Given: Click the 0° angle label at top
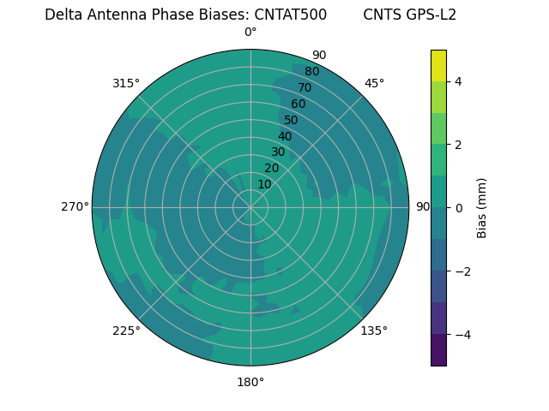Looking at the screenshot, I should tap(250, 33).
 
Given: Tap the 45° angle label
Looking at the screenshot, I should tap(374, 83).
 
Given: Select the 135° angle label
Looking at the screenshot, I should tap(374, 331).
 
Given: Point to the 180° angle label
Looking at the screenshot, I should tap(250, 382).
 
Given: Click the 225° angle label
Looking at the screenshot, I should tap(126, 331).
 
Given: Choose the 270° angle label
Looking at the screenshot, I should tap(75, 206).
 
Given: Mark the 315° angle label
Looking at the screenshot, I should tap(126, 83).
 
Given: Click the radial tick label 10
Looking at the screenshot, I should tap(264, 184).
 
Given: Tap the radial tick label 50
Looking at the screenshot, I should tap(291, 120).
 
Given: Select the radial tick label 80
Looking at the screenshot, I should tap(311, 71).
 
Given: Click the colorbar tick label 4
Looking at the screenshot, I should tap(458, 81).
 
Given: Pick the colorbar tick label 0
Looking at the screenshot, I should tap(458, 207).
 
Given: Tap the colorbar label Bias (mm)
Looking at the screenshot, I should tap(482, 207).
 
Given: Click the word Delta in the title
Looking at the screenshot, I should tap(63, 15).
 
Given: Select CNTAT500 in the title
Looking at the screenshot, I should tap(290, 15).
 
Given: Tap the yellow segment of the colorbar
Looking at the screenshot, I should tap(438, 65).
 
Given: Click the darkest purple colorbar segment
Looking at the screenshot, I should tap(438, 349).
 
